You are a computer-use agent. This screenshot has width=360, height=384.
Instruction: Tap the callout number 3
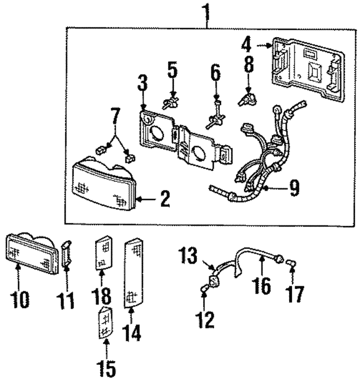point(142,85)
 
